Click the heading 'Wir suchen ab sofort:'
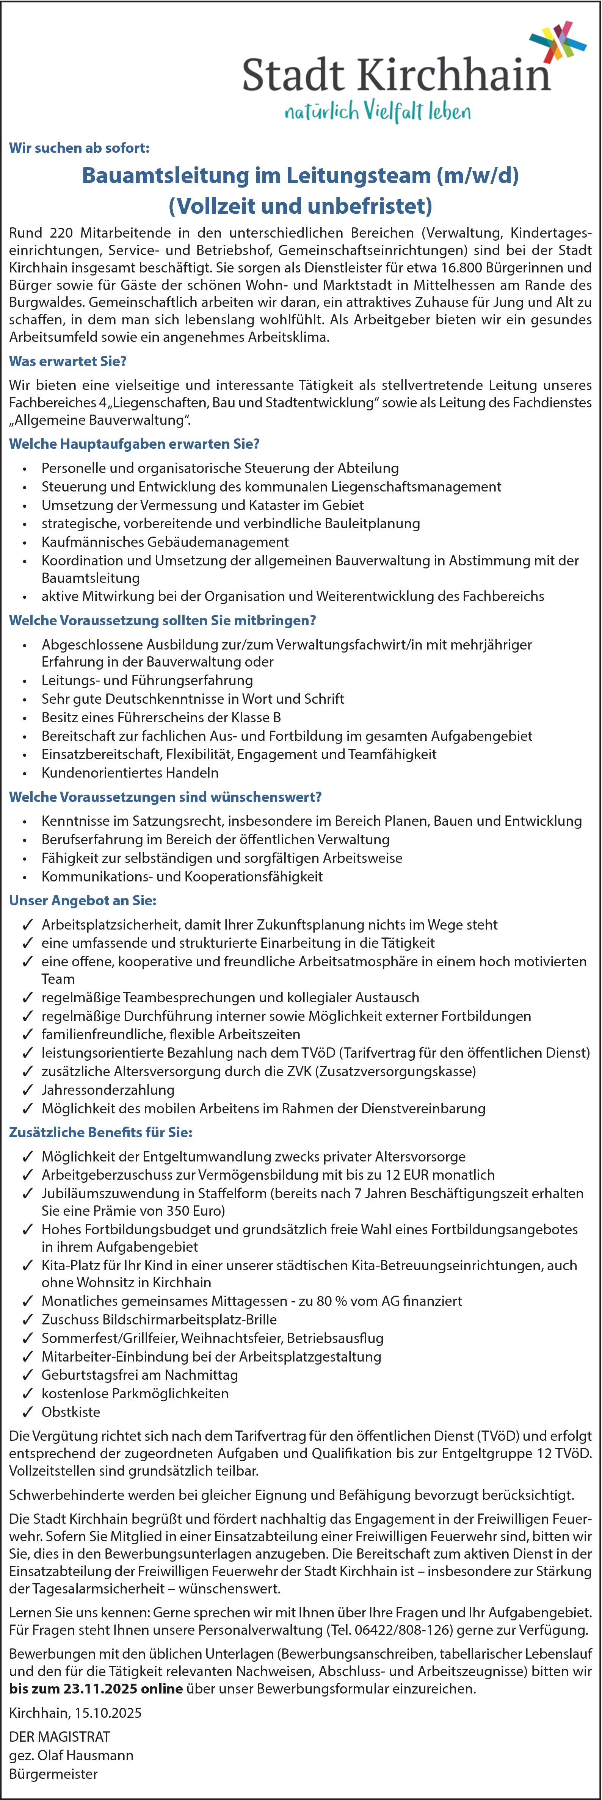tap(79, 148)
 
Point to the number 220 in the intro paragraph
tap(61, 233)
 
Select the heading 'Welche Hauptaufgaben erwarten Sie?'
tap(134, 444)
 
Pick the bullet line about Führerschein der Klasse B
tap(161, 717)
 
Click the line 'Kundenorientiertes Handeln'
tap(130, 773)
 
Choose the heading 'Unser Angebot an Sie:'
tap(83, 901)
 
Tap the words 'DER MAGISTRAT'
tap(60, 1736)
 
